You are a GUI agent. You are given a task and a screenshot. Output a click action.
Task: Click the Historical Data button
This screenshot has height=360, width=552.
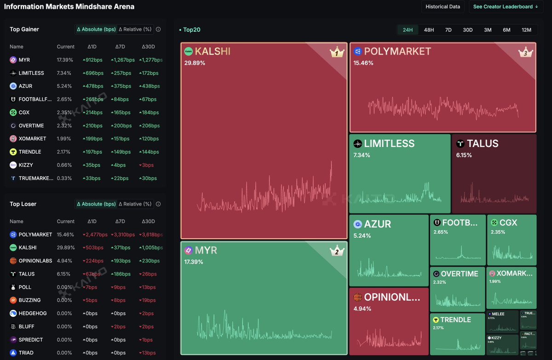click(443, 7)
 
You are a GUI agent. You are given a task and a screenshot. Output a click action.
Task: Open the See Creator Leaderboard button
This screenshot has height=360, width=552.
click(506, 7)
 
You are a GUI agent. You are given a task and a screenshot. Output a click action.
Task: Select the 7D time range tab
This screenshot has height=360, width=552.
click(448, 30)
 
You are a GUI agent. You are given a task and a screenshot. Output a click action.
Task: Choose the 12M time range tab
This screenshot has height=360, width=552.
click(526, 30)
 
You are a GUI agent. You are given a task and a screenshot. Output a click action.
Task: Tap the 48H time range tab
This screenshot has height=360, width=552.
click(429, 30)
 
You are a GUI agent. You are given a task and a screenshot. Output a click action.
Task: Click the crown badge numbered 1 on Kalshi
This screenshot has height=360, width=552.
click(337, 52)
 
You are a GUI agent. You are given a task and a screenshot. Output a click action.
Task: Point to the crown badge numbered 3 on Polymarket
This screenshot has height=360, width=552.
click(525, 52)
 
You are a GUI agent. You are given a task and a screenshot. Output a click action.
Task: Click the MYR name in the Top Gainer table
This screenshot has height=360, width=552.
click(24, 60)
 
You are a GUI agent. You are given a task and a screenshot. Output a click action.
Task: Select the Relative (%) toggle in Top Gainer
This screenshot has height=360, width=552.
click(135, 29)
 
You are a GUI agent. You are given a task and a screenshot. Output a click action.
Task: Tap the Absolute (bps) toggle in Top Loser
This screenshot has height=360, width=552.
click(96, 204)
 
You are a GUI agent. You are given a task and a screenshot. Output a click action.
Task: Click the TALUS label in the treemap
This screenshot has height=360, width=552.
click(483, 143)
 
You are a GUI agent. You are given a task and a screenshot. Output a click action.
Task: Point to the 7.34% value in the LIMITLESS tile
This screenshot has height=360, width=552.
click(362, 155)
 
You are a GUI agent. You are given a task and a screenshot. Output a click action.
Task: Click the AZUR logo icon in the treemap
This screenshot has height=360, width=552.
click(357, 224)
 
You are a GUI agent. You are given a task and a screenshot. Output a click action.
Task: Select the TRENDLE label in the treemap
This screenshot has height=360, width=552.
click(455, 320)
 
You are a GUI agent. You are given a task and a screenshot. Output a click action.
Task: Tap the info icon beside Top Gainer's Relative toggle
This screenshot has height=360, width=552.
click(158, 29)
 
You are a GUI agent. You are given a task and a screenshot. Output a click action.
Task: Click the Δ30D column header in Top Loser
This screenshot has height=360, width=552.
click(148, 221)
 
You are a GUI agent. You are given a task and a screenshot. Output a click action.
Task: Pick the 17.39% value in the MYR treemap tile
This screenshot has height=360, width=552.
click(194, 262)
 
